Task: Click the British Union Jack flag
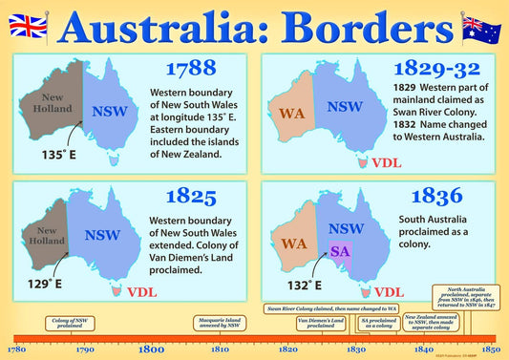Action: [34, 27]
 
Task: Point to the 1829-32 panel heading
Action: [436, 70]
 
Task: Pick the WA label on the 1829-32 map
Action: [291, 114]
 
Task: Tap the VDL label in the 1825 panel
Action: [141, 292]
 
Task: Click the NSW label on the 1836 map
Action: [345, 228]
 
